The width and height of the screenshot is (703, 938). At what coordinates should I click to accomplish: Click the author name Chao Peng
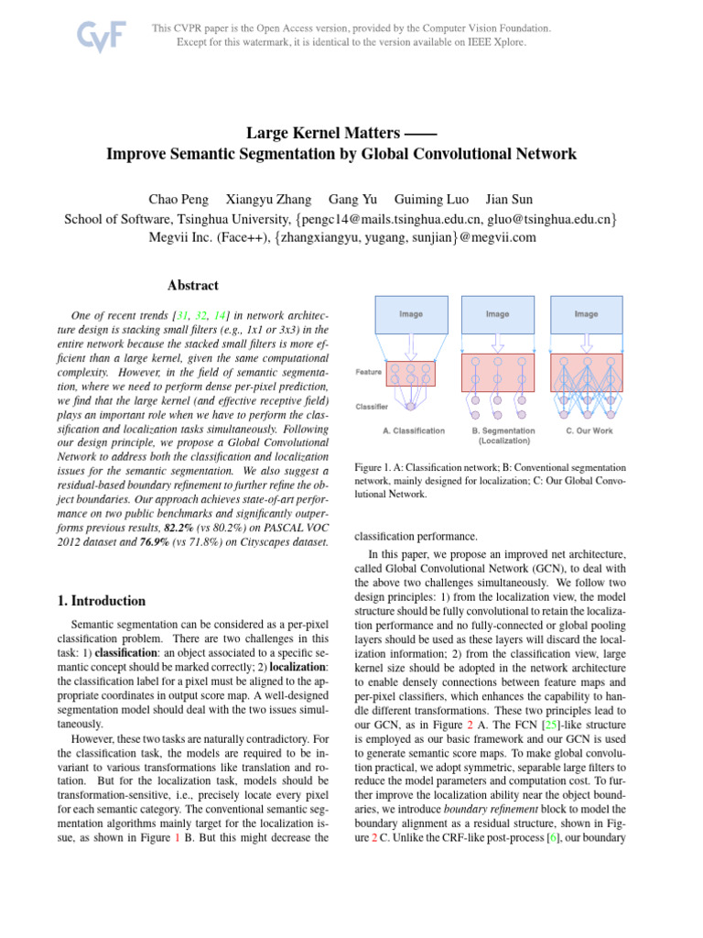point(178,199)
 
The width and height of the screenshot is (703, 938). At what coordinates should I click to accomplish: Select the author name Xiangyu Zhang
point(269,199)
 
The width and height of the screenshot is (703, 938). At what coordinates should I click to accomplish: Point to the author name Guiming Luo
point(429,199)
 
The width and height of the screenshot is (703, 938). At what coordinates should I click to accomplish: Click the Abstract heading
point(193,285)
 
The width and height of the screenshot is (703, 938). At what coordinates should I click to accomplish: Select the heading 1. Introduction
point(101,601)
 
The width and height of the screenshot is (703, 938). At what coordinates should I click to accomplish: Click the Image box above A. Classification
point(411,314)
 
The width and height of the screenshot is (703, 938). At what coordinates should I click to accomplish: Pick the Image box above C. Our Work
point(586,314)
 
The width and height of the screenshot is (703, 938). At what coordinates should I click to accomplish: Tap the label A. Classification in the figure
point(414,430)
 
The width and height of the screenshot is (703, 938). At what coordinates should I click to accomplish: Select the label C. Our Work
point(589,430)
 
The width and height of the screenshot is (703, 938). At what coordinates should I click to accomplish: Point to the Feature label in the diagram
point(368,372)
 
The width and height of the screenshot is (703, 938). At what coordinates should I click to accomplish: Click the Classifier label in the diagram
point(372,405)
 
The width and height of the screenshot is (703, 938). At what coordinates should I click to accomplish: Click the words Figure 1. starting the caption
point(372,468)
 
